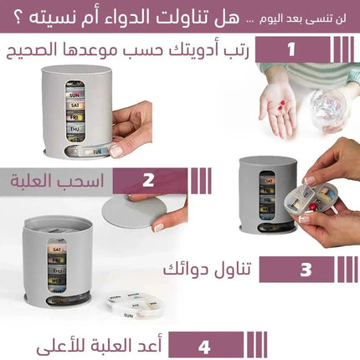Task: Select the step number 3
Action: tap(306, 270)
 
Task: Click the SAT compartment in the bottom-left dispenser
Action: tap(59, 249)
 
